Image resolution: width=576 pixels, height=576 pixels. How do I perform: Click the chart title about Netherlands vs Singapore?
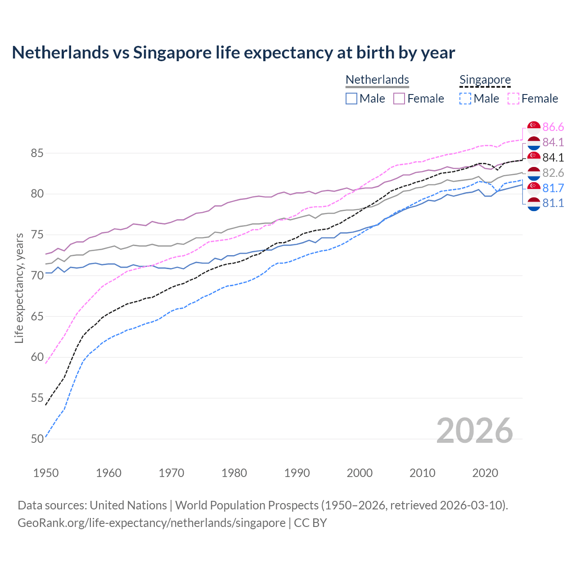pos(233,53)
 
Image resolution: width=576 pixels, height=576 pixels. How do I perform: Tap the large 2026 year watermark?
pos(474,431)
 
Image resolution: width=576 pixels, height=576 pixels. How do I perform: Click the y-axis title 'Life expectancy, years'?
pos(19,288)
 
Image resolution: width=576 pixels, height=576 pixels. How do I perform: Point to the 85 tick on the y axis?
pos(37,153)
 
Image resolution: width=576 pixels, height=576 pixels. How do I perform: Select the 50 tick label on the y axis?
pos(37,439)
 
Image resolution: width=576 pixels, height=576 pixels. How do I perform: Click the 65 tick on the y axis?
pos(37,316)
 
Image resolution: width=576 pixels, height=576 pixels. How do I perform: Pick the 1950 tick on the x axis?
pos(46,473)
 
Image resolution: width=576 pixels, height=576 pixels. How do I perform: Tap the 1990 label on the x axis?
pos(297,473)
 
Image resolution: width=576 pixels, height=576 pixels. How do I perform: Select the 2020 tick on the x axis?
pos(485,473)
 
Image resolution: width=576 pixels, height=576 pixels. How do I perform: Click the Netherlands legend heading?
pos(377,80)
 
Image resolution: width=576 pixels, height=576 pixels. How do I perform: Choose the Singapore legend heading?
pos(485,80)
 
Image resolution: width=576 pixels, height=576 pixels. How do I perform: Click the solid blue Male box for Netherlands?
pos(351,99)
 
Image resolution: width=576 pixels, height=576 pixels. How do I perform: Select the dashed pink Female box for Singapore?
pos(513,99)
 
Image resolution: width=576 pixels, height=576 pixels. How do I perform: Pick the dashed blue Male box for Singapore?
pos(465,99)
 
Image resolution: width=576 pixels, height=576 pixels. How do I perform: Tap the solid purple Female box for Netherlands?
pos(399,99)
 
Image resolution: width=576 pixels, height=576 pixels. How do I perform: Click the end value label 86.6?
pos(553,127)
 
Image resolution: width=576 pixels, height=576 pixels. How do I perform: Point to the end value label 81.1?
pos(553,203)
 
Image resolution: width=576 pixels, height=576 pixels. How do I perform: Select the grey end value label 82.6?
pos(553,173)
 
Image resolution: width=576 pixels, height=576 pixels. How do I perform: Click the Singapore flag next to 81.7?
pos(534,188)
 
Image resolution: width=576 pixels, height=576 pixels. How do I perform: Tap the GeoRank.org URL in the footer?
pos(151,523)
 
